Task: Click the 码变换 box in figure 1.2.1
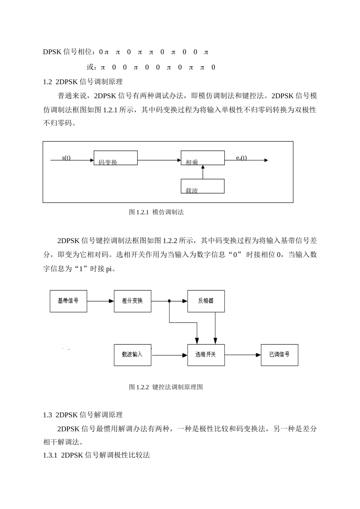tap(116, 158)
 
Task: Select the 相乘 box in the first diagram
tap(202, 158)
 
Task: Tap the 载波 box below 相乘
tap(202, 186)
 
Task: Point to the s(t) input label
tap(66, 158)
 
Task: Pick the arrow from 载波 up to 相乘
tap(203, 172)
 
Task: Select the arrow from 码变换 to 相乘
tap(159, 160)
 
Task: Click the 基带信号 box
tap(68, 301)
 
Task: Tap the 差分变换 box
tap(132, 301)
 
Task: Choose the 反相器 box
tap(206, 301)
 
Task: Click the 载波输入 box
tap(132, 355)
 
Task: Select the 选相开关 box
tap(206, 355)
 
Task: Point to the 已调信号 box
tap(279, 355)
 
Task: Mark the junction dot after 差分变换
tap(169, 301)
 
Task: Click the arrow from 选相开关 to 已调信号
tap(243, 355)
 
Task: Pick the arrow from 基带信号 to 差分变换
tap(100, 301)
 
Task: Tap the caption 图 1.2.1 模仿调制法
tap(156, 212)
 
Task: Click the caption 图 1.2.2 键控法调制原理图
tap(166, 387)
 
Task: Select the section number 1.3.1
tap(50, 455)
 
